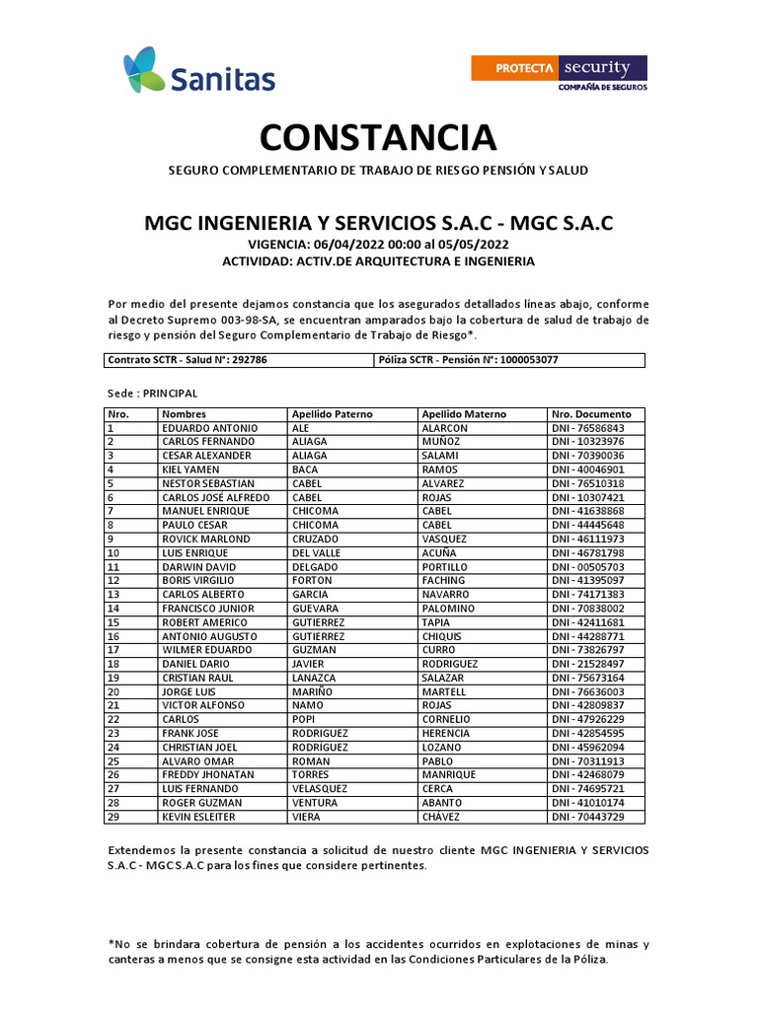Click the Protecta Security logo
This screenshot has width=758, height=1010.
(x=560, y=73)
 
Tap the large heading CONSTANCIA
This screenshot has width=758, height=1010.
(x=378, y=137)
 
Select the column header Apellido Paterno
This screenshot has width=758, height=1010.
(x=332, y=414)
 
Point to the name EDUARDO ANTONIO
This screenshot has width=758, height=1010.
(x=210, y=428)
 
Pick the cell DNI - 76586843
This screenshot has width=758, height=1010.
(x=587, y=428)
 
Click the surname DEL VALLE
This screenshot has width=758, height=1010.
(x=315, y=553)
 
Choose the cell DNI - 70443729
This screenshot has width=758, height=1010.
(x=587, y=817)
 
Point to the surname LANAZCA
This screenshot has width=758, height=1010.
(x=314, y=678)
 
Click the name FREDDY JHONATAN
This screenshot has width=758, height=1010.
(x=208, y=775)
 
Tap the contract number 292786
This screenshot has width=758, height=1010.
(x=250, y=360)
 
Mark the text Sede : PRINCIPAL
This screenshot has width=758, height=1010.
(x=153, y=393)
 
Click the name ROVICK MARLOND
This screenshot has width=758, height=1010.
(x=207, y=540)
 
